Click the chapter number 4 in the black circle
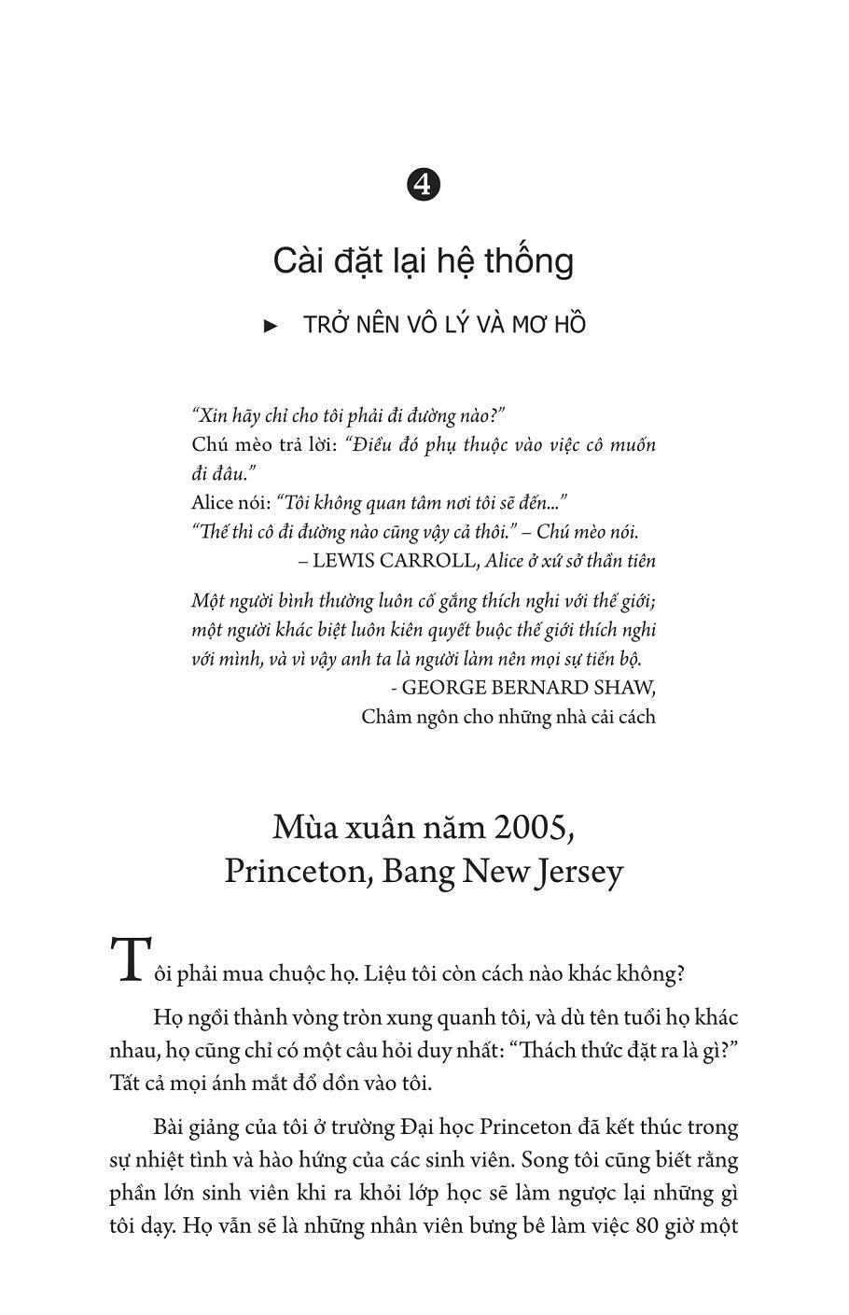[x=424, y=185]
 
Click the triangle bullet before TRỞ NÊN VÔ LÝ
[x=271, y=326]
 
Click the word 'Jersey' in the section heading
[x=576, y=872]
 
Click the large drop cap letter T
[x=130, y=958]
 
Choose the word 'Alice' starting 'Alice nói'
[x=213, y=503]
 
